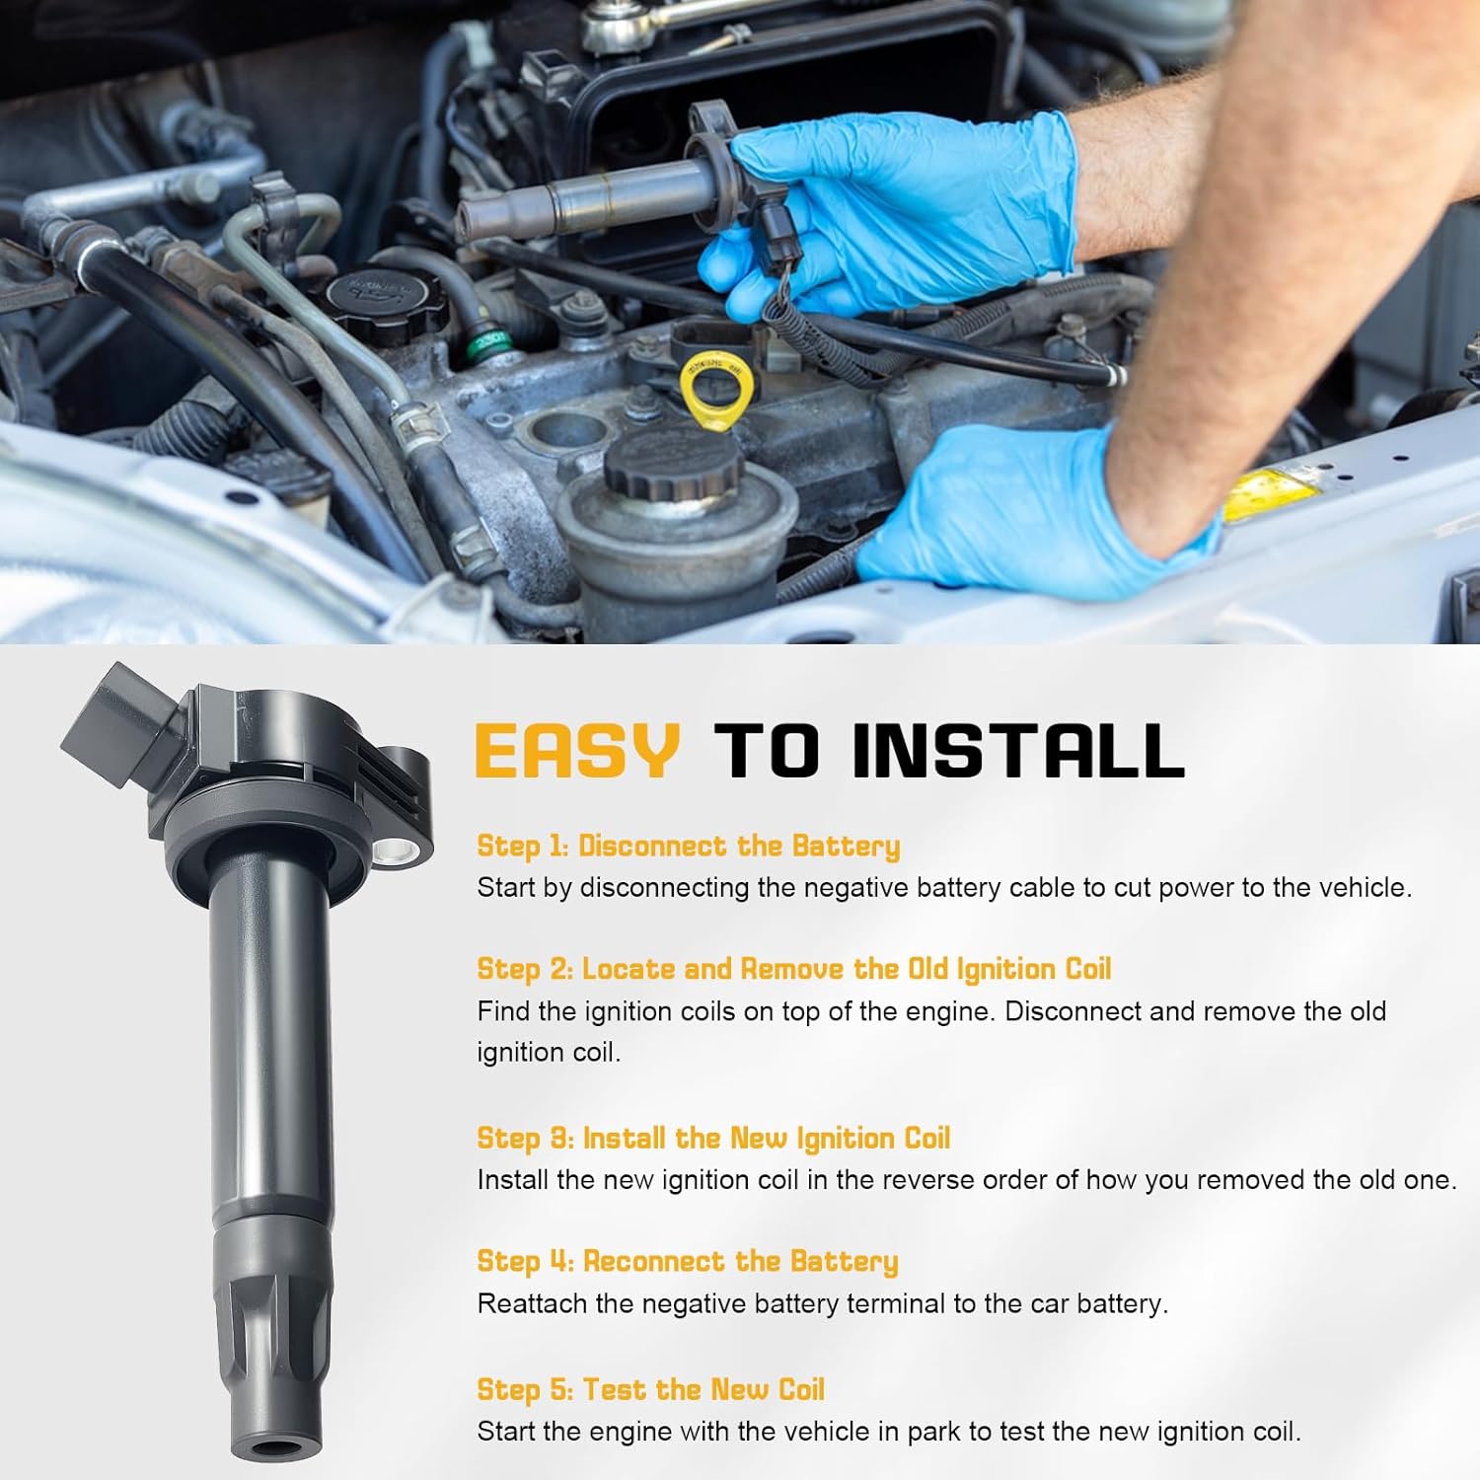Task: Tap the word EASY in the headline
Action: (x=577, y=751)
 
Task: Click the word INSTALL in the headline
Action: (x=1017, y=751)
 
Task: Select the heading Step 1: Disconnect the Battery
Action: (x=688, y=846)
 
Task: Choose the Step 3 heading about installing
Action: (x=712, y=1138)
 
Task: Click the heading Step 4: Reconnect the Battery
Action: (x=687, y=1261)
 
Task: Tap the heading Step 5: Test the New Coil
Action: (x=650, y=1389)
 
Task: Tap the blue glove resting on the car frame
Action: (x=1026, y=513)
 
